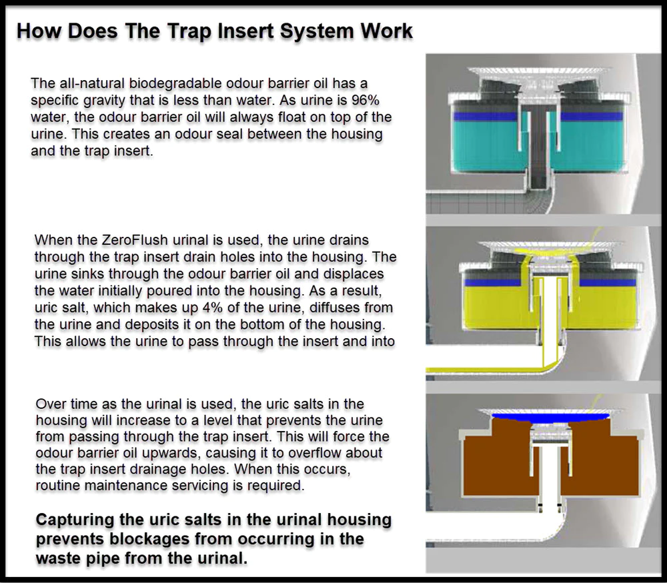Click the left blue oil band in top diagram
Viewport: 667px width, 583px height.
(485, 116)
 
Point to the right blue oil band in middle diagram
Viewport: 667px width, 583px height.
(608, 282)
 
